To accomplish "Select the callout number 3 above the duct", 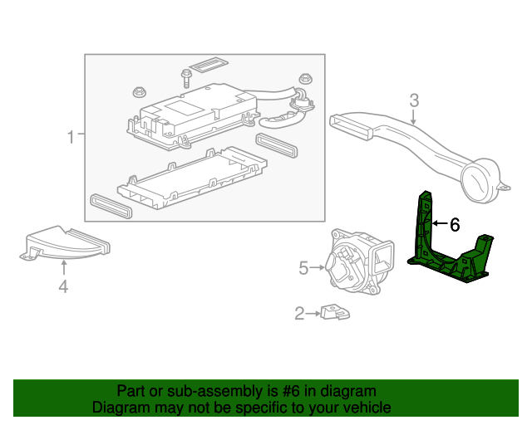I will coord(413,102).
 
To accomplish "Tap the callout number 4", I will coord(63,287).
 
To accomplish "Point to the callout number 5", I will coord(303,267).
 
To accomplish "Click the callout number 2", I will coord(299,313).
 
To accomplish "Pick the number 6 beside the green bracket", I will coord(454,224).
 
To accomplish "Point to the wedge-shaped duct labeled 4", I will coord(66,242).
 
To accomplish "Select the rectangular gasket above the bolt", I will coord(208,65).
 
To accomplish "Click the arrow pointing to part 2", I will coord(314,313).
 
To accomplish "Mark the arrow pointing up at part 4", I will coord(64,266).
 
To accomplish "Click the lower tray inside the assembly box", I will coord(191,177).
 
